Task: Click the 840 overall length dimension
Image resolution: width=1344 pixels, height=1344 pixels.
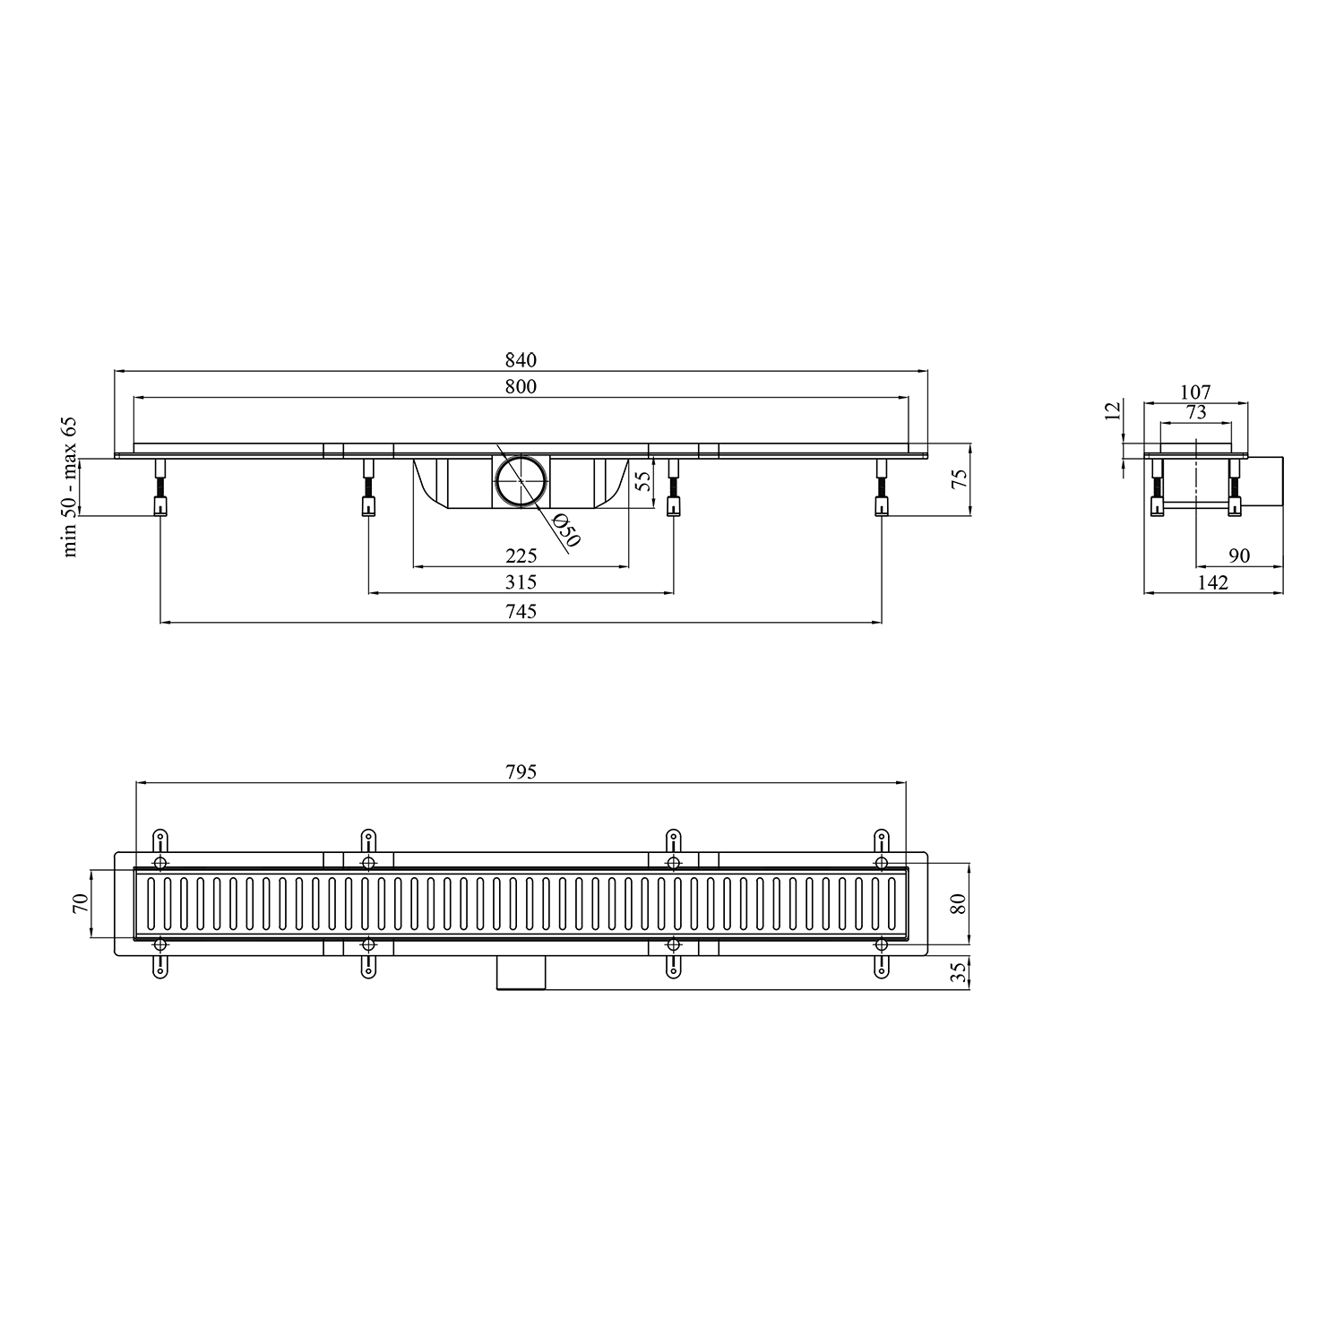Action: click(521, 360)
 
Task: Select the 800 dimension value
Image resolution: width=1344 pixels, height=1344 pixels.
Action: click(521, 387)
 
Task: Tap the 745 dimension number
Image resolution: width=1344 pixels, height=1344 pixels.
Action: click(521, 611)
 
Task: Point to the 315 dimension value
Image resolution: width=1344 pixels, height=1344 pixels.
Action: click(521, 583)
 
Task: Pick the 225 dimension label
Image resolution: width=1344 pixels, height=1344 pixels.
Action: click(521, 556)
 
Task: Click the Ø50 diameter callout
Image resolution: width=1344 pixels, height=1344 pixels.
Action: click(565, 530)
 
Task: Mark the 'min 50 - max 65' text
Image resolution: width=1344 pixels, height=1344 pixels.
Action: click(71, 487)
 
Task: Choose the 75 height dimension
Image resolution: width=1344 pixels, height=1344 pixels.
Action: click(960, 480)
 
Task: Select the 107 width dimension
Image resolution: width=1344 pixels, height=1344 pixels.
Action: click(1195, 392)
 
